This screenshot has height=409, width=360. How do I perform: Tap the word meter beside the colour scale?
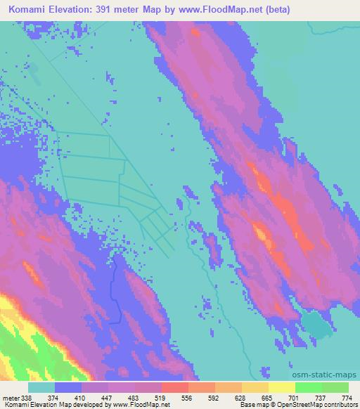pos(10,398)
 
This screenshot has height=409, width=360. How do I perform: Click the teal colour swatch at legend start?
pos(41,387)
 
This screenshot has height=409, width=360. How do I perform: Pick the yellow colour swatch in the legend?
pos(282,387)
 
